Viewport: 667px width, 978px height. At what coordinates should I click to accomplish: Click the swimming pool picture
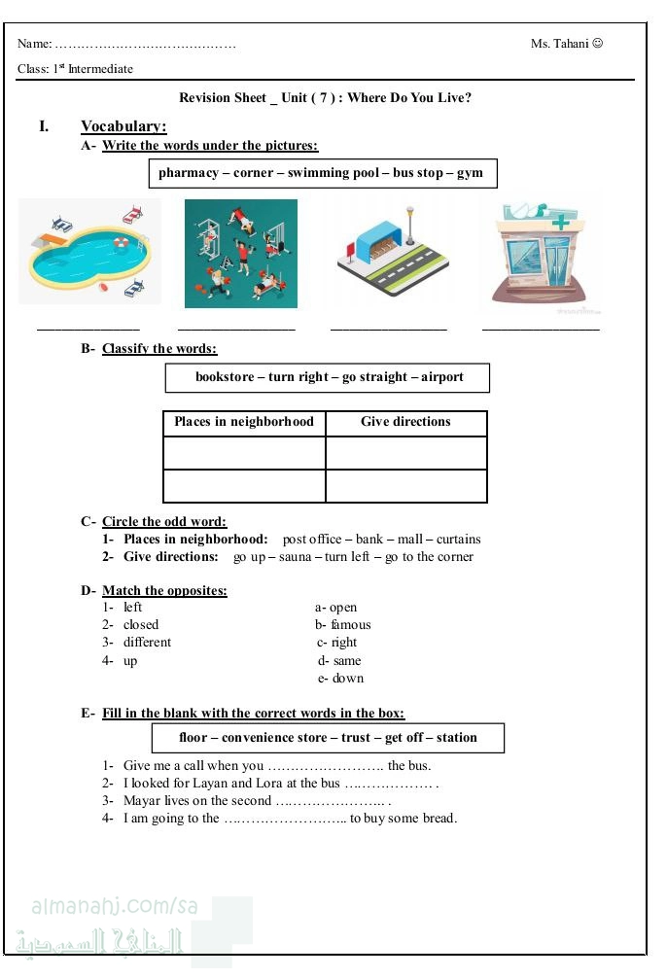(89, 253)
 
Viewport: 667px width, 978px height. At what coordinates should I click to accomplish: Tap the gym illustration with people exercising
(241, 254)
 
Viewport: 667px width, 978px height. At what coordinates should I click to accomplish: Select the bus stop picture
(392, 253)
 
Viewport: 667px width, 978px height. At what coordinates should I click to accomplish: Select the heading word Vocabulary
(123, 126)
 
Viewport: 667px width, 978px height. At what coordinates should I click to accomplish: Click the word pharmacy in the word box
(189, 173)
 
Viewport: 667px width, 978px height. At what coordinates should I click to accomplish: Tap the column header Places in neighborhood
(244, 422)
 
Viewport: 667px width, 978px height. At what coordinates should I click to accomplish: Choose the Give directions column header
(405, 422)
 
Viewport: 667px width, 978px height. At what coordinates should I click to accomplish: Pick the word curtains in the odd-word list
(458, 540)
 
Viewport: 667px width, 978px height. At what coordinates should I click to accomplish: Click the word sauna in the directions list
(295, 557)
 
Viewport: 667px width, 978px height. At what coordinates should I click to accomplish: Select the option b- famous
(342, 625)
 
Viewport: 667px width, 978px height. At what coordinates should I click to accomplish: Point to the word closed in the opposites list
(141, 625)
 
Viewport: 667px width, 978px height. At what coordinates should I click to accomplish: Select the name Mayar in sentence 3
(142, 801)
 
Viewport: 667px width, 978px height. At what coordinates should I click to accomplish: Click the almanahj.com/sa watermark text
(115, 906)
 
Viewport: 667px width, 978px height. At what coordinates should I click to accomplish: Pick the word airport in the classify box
(442, 377)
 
